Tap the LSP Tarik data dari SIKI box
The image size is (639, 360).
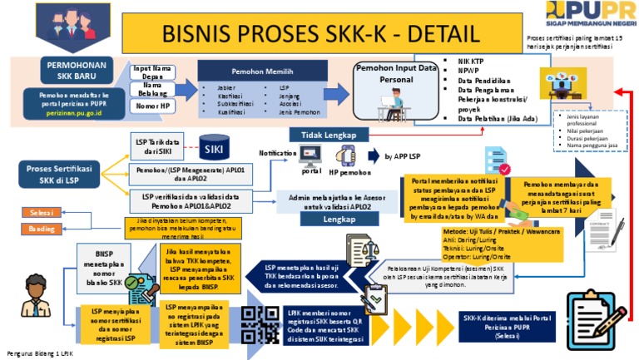tap(161, 147)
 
